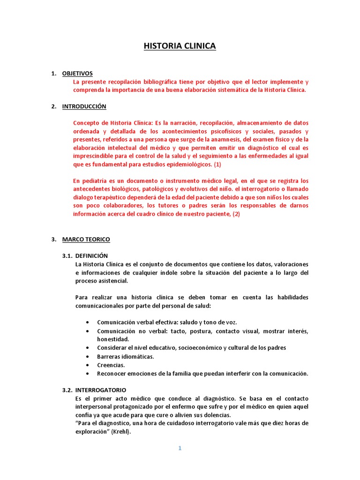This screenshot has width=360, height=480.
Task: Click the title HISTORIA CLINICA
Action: [180, 46]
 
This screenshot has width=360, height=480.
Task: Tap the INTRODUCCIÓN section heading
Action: [84, 106]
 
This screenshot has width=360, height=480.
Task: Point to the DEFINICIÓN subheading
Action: [91, 255]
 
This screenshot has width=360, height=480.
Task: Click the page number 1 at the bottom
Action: [180, 448]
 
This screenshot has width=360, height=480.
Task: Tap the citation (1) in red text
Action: [218, 165]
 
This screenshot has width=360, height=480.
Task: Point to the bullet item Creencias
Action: [111, 365]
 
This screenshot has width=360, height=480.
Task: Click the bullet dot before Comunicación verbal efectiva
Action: [89, 322]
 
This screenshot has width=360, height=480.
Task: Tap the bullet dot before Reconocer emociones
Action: [89, 374]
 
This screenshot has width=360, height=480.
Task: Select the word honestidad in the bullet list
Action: [113, 339]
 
